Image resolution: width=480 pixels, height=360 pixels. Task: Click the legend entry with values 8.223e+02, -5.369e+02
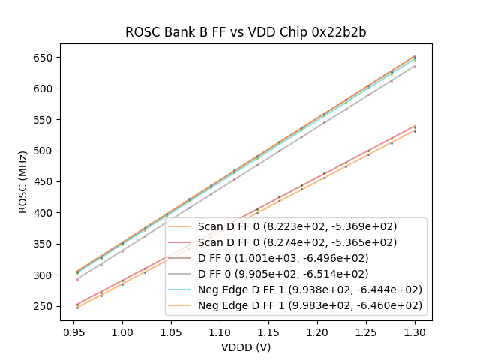[x=297, y=226]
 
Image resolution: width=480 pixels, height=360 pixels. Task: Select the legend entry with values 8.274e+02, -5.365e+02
[x=297, y=242]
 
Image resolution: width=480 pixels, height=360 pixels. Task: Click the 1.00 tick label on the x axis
[x=122, y=331]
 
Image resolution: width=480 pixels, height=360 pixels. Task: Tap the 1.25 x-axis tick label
[x=366, y=331]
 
